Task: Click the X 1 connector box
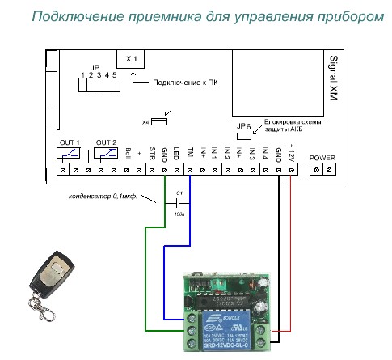(133, 58)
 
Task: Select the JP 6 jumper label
(243, 126)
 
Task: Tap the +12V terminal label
(291, 152)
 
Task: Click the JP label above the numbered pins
(95, 67)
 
